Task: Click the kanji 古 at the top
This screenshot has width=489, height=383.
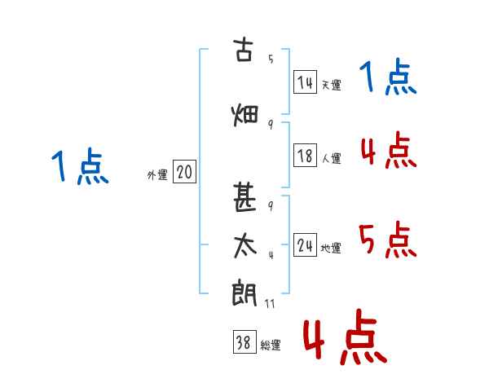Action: click(x=244, y=49)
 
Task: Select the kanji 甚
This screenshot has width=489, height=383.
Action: click(x=244, y=197)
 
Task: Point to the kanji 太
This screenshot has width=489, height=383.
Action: click(x=244, y=246)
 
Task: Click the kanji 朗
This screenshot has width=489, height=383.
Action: click(x=244, y=293)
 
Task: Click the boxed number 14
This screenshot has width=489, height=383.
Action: click(x=306, y=82)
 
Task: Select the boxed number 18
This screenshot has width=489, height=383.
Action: click(x=306, y=156)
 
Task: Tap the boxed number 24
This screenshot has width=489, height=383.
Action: click(x=306, y=244)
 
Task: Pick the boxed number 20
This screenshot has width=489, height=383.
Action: click(x=185, y=172)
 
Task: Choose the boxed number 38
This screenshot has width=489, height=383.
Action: click(x=244, y=341)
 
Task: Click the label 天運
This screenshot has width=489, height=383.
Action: click(x=332, y=85)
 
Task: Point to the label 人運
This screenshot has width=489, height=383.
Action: click(x=332, y=158)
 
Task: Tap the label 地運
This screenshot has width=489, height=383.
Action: click(x=331, y=248)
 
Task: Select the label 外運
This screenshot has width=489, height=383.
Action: click(x=157, y=175)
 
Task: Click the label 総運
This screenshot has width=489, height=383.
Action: click(x=271, y=345)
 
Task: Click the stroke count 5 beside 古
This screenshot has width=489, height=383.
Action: click(x=271, y=59)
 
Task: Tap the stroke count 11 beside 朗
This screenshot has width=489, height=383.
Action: click(x=270, y=303)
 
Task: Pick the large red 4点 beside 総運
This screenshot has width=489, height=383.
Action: click(x=346, y=337)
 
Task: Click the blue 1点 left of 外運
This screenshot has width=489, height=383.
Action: click(x=80, y=166)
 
